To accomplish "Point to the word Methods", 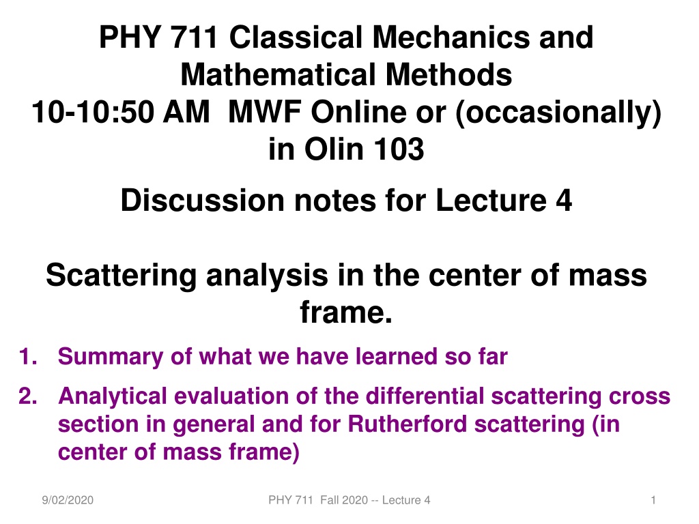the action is click(x=448, y=74).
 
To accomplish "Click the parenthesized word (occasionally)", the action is click(x=558, y=113).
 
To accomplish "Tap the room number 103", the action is click(x=399, y=149).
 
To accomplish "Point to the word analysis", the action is click(x=267, y=276).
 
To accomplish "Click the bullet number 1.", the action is click(x=27, y=357).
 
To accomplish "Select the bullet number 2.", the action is click(x=27, y=396).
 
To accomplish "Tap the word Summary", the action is click(x=111, y=358).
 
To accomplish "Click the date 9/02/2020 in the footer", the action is click(x=68, y=500).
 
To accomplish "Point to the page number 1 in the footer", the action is click(x=653, y=500).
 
